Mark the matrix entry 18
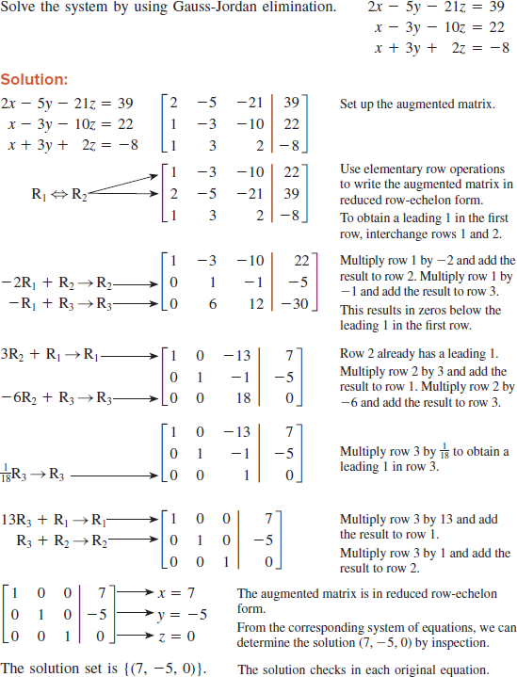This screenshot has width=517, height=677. pyautogui.click(x=229, y=398)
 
